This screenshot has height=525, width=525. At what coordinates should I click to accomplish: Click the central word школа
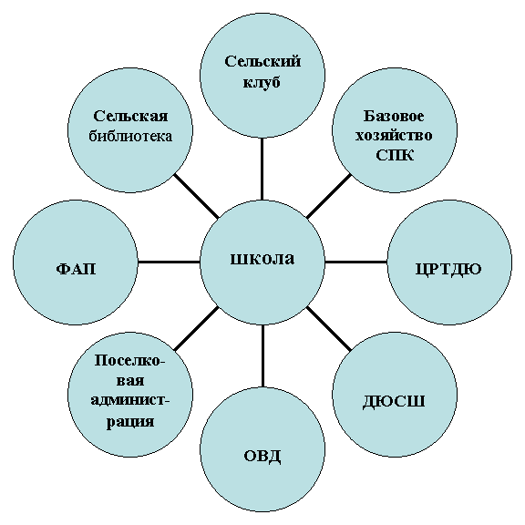[x=262, y=259]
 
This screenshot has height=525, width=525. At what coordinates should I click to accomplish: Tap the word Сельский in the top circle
[x=262, y=61]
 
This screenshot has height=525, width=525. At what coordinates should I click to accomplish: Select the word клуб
[x=262, y=82]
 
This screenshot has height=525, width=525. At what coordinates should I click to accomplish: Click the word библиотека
[x=130, y=136]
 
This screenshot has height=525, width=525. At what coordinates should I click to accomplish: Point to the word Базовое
[x=394, y=116]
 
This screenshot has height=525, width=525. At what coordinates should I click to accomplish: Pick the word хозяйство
[x=394, y=136]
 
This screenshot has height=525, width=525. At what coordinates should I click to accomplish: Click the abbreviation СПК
[x=395, y=155]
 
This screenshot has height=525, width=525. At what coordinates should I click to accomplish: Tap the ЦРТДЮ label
[x=448, y=269]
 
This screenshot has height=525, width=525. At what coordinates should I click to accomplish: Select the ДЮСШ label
[x=394, y=401]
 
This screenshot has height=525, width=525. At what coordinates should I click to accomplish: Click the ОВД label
[x=262, y=456]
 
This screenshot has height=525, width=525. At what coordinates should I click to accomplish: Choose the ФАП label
[x=76, y=269]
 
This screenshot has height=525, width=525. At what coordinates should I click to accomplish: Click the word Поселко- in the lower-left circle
[x=130, y=361]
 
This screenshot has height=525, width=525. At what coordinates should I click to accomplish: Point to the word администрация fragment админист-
[x=130, y=400]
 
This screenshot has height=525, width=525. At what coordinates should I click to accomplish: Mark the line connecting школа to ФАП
[x=170, y=262]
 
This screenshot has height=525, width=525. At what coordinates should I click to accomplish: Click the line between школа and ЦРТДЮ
[x=355, y=262]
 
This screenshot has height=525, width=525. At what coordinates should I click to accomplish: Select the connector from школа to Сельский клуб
[x=262, y=170]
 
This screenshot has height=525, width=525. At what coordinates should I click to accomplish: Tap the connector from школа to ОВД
[x=262, y=355]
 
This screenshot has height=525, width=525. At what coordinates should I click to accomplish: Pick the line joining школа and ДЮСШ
[x=329, y=328]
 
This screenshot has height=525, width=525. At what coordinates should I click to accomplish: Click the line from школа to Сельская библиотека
[x=197, y=196]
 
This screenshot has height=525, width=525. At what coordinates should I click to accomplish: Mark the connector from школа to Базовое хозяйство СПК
[x=329, y=196]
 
